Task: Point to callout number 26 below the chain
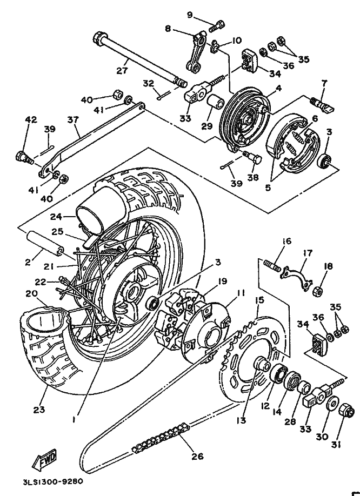[197, 456]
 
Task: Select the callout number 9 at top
[190, 15]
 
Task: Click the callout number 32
[149, 83]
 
